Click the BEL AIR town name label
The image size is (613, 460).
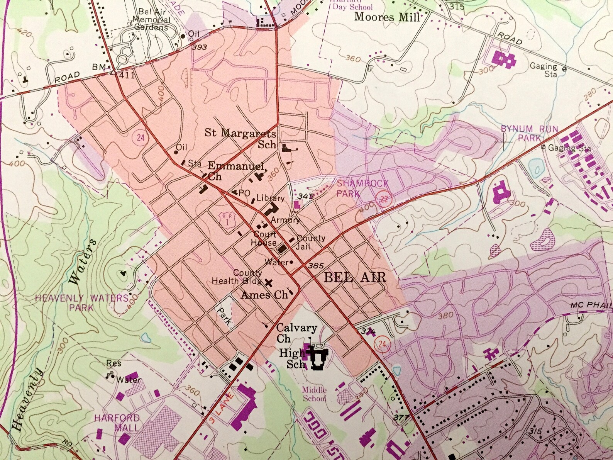point(355,277)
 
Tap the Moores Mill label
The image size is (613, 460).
point(386,17)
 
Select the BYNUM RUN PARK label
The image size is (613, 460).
point(529,133)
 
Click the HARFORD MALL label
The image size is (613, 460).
point(117,423)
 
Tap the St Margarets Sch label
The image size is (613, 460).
point(240,139)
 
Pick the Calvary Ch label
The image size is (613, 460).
point(296,333)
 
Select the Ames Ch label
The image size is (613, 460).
point(264,295)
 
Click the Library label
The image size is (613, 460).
point(270,198)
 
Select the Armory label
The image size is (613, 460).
point(285,220)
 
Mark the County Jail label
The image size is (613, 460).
point(311,242)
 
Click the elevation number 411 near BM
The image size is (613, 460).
point(127,75)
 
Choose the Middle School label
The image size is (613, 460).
point(314,394)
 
